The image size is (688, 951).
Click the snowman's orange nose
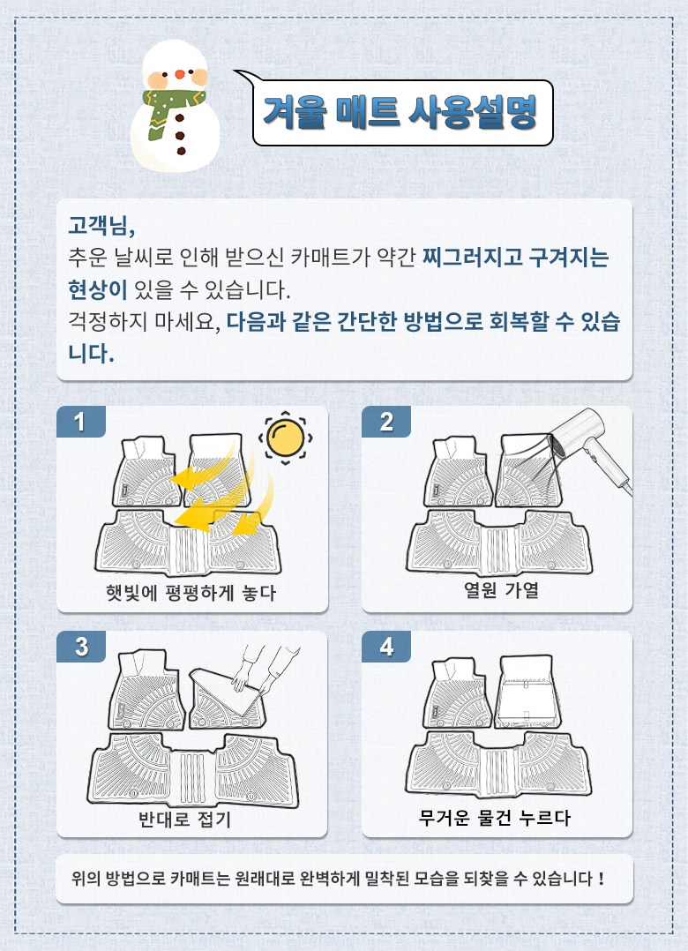tap(179, 75)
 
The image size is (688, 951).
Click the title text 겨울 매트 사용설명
tap(400, 112)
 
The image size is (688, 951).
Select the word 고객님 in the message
tap(101, 226)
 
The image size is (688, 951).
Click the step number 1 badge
tap(80, 422)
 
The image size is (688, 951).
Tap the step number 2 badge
tap(386, 422)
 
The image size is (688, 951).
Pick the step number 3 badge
tap(80, 647)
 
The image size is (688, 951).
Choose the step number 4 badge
tap(386, 647)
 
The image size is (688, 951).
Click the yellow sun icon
tap(286, 438)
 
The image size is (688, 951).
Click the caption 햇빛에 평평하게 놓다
tap(191, 593)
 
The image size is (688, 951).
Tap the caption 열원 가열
tap(501, 589)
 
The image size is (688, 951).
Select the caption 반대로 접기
tap(185, 820)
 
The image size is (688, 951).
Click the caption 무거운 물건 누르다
tap(495, 818)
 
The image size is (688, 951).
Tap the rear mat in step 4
tap(498, 763)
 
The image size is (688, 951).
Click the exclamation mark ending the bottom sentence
tap(601, 879)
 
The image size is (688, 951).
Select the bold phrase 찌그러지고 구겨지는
tap(515, 258)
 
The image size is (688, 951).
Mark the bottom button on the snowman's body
tap(181, 151)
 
